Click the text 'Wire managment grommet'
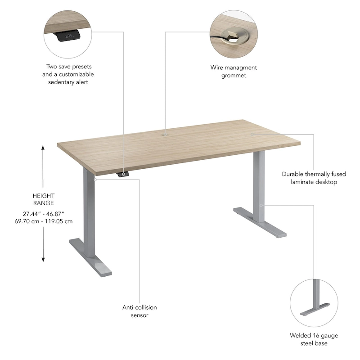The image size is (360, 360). click(234, 71)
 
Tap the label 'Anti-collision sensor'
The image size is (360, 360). click(139, 311)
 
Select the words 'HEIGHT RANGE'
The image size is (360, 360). click(44, 199)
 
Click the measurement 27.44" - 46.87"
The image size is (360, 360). click(44, 214)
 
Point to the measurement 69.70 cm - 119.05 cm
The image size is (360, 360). click(44, 221)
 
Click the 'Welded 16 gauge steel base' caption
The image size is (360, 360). click(314, 339)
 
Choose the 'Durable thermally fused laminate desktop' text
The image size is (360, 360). click(310, 178)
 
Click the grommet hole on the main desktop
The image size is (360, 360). click(166, 134)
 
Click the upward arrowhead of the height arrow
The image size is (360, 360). click(43, 148)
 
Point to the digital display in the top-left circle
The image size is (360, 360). click(70, 36)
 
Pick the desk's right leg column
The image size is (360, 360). click(258, 184)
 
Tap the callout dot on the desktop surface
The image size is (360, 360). click(252, 134)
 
